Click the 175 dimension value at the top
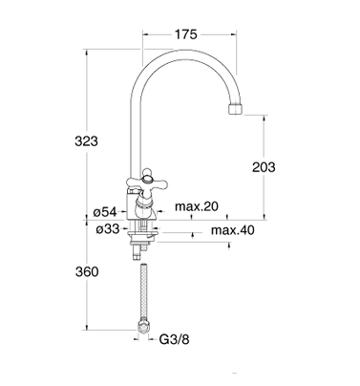coord(186,34)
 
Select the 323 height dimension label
coord(86,140)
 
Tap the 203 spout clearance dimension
coord(264,167)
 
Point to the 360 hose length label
coord(87,271)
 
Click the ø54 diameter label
coord(105,212)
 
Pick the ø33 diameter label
coord(108,228)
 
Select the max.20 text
coord(197,206)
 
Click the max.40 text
coord(233,229)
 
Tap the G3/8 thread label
coord(174,339)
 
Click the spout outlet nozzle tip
coord(236,109)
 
